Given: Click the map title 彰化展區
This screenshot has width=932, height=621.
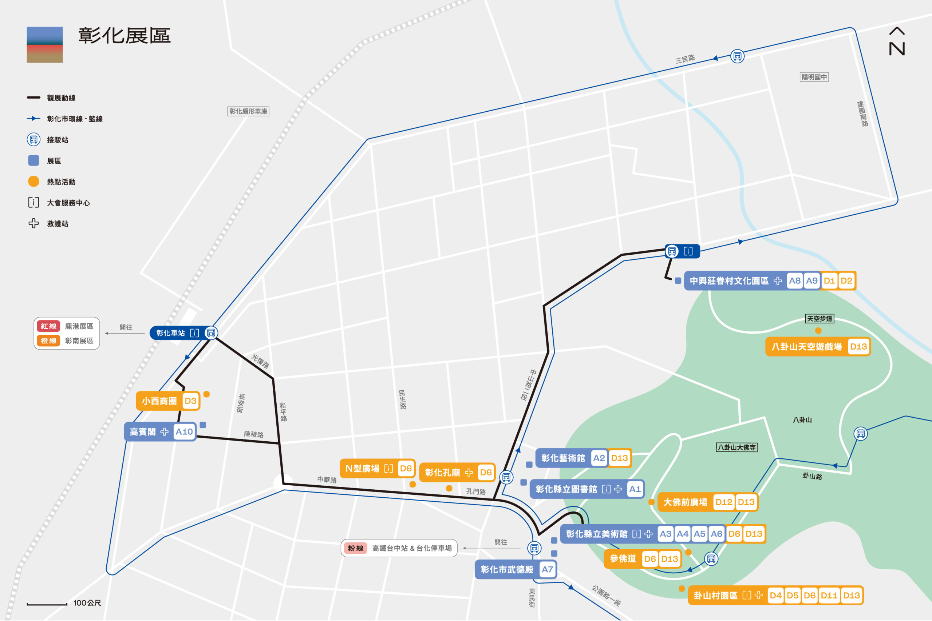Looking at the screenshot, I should coord(124,36).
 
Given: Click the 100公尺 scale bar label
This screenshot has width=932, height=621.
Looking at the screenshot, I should coord(87,603).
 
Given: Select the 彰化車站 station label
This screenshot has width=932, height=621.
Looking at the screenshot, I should coord(170,333).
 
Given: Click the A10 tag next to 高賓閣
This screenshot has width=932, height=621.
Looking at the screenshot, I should coord(184,432).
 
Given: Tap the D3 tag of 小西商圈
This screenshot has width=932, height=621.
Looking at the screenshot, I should coord(191,401).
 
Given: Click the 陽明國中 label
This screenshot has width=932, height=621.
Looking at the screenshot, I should coord(814,77).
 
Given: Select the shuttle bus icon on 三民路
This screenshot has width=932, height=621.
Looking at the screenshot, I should coord(737,56).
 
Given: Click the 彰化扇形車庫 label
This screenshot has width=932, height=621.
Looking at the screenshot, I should coord(248,111).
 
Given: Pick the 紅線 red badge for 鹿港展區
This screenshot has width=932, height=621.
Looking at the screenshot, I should coord(48,326).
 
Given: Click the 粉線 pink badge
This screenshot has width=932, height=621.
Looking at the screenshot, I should coord(355,548).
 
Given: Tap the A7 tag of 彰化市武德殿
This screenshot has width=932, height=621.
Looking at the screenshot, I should coord(547,569).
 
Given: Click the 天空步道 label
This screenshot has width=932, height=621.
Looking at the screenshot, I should coord(820,318).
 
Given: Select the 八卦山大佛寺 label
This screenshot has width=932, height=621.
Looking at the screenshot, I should coord(736,447).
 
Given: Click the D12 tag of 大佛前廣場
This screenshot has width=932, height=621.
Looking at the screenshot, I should coord(723,502).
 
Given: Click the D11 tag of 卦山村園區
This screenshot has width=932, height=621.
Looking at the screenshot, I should coord(829,595).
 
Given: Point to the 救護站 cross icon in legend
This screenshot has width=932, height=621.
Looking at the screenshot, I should coord(34,223).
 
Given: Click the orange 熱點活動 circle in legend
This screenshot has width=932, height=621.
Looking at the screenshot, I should coord(34,182).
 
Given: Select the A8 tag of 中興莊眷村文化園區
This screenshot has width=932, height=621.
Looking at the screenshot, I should coord(794,281).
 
